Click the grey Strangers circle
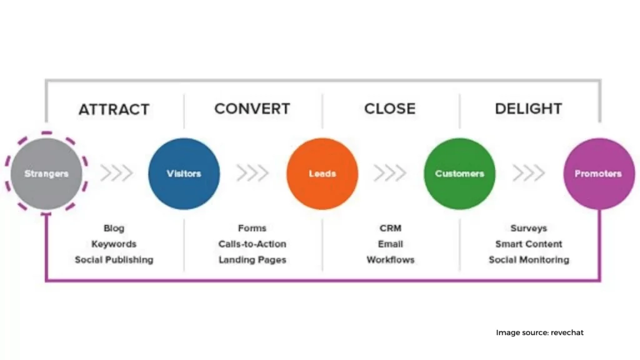[46, 174]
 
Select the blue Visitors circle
[184, 174]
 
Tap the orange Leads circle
[322, 174]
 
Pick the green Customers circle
[459, 174]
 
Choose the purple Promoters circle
[599, 174]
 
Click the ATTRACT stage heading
[114, 109]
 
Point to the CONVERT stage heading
[252, 109]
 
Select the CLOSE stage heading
[390, 109]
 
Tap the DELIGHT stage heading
[529, 109]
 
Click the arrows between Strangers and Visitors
[117, 173]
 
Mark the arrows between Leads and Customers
[390, 173]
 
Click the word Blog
[114, 228]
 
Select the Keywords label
[114, 244]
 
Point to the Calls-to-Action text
[252, 244]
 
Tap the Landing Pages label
[252, 260]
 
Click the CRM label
[391, 228]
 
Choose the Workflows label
[391, 260]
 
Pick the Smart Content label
[529, 244]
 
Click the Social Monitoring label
[529, 260]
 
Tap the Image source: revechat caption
[539, 332]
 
